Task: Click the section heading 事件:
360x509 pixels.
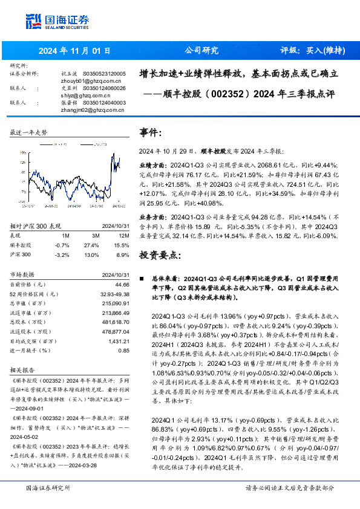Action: (x=151, y=132)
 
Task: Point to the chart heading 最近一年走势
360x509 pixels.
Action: (x=29, y=132)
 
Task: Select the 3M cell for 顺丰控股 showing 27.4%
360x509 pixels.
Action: (x=96, y=244)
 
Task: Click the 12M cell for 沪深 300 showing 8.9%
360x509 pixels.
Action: (x=123, y=254)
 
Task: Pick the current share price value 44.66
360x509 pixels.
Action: (x=122, y=284)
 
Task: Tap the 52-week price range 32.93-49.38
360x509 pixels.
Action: (x=113, y=294)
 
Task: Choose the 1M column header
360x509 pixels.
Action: (x=66, y=235)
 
